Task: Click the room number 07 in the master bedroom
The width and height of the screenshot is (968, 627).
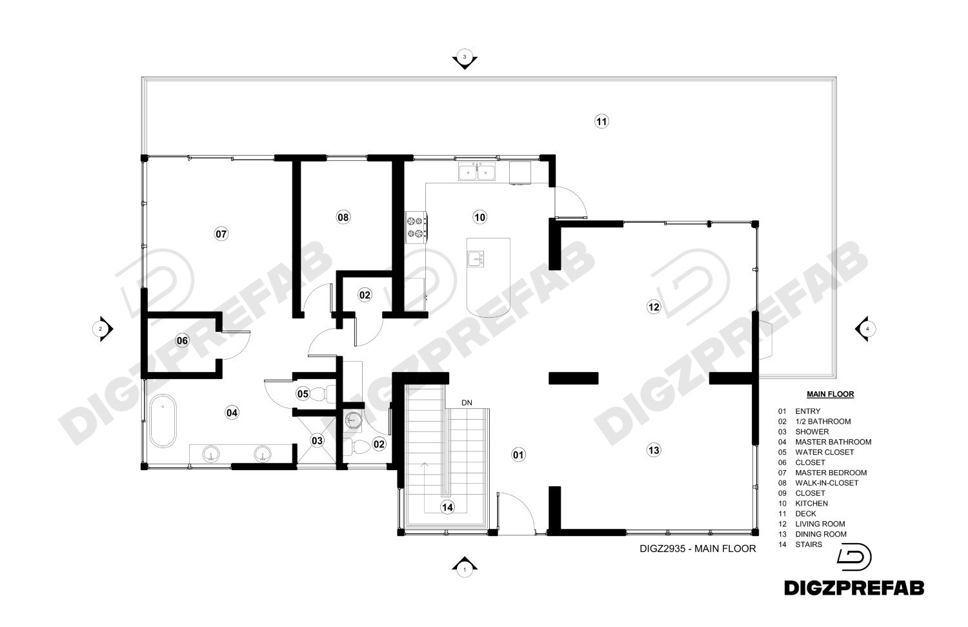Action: (x=221, y=234)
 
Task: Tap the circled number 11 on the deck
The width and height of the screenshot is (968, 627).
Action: (x=601, y=121)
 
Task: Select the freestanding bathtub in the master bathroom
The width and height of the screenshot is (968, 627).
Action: (x=163, y=421)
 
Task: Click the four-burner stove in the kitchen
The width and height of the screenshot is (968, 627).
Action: (x=416, y=227)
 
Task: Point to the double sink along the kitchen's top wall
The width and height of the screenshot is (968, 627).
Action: (x=477, y=172)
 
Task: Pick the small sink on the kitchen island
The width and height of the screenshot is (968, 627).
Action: (x=476, y=258)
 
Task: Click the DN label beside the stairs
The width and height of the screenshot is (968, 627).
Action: (x=467, y=403)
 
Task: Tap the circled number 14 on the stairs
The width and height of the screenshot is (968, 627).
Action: (x=447, y=508)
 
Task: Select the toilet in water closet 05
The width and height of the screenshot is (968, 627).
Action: (x=322, y=394)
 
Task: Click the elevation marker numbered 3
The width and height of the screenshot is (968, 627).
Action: (x=465, y=59)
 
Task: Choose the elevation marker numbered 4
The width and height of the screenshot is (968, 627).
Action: (x=865, y=329)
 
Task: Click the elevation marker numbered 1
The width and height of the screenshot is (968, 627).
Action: (x=465, y=566)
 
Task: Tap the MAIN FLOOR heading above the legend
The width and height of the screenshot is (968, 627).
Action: (x=830, y=395)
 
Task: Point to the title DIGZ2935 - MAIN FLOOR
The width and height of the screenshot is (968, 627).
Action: (x=698, y=549)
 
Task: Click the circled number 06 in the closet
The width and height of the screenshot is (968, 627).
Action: (x=183, y=341)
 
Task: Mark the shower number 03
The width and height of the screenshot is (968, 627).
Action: (x=318, y=440)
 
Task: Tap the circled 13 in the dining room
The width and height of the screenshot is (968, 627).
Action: (x=654, y=450)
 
